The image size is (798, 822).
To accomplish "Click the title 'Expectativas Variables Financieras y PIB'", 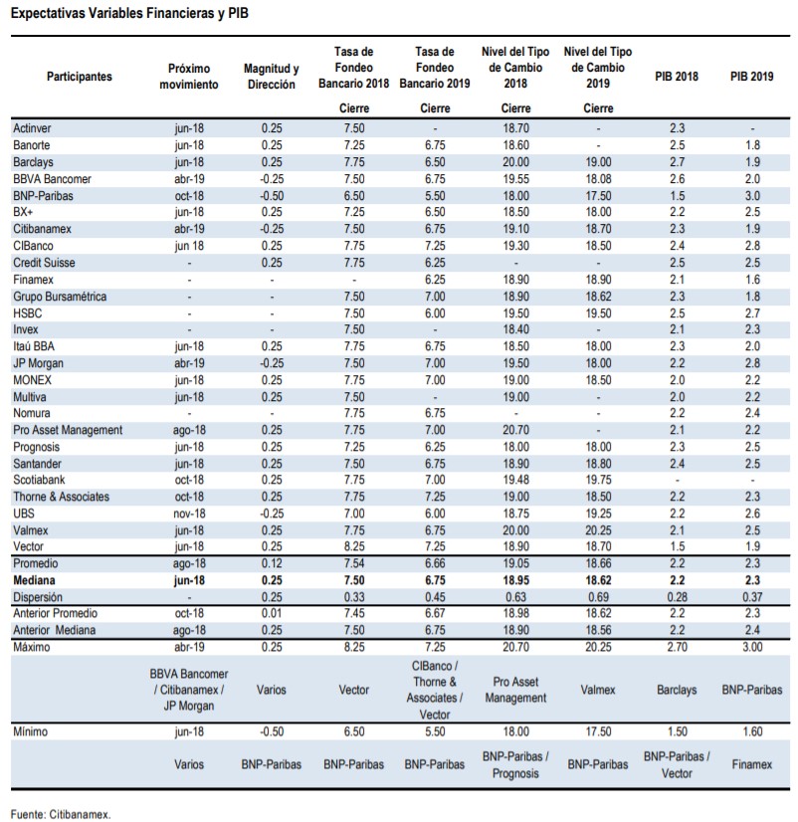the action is [x=129, y=13].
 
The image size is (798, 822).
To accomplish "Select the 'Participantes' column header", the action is [x=80, y=77].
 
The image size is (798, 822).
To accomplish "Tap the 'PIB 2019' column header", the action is [x=752, y=77].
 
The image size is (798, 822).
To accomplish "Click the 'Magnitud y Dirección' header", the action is [x=271, y=77].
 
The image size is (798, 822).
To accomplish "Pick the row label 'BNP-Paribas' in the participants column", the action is [x=43, y=196].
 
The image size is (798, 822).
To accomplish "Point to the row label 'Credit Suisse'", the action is [x=44, y=263].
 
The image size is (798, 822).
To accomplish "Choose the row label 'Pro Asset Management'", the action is [x=68, y=430].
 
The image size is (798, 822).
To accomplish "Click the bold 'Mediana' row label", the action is [x=34, y=580].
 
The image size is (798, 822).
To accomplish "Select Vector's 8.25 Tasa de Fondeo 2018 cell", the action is [x=354, y=546].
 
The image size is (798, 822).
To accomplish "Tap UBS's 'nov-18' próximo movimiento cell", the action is [x=189, y=514].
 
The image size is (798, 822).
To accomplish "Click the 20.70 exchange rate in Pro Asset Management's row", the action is [x=516, y=430].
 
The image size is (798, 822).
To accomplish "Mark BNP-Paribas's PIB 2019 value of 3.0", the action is [x=752, y=196].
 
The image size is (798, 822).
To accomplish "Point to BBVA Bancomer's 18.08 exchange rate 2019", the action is [x=598, y=179].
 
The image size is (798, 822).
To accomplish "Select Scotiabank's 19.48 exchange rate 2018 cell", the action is [x=516, y=481].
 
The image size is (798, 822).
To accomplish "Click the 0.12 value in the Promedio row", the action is [x=272, y=563].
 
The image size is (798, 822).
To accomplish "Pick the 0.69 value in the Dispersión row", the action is [x=598, y=597].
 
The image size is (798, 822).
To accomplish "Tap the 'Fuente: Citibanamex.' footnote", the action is [x=61, y=815].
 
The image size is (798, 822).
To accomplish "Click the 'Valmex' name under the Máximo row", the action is [x=598, y=690].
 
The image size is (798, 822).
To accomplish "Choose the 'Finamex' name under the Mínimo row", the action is [x=752, y=765].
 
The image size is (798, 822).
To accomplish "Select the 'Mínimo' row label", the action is [x=31, y=731].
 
